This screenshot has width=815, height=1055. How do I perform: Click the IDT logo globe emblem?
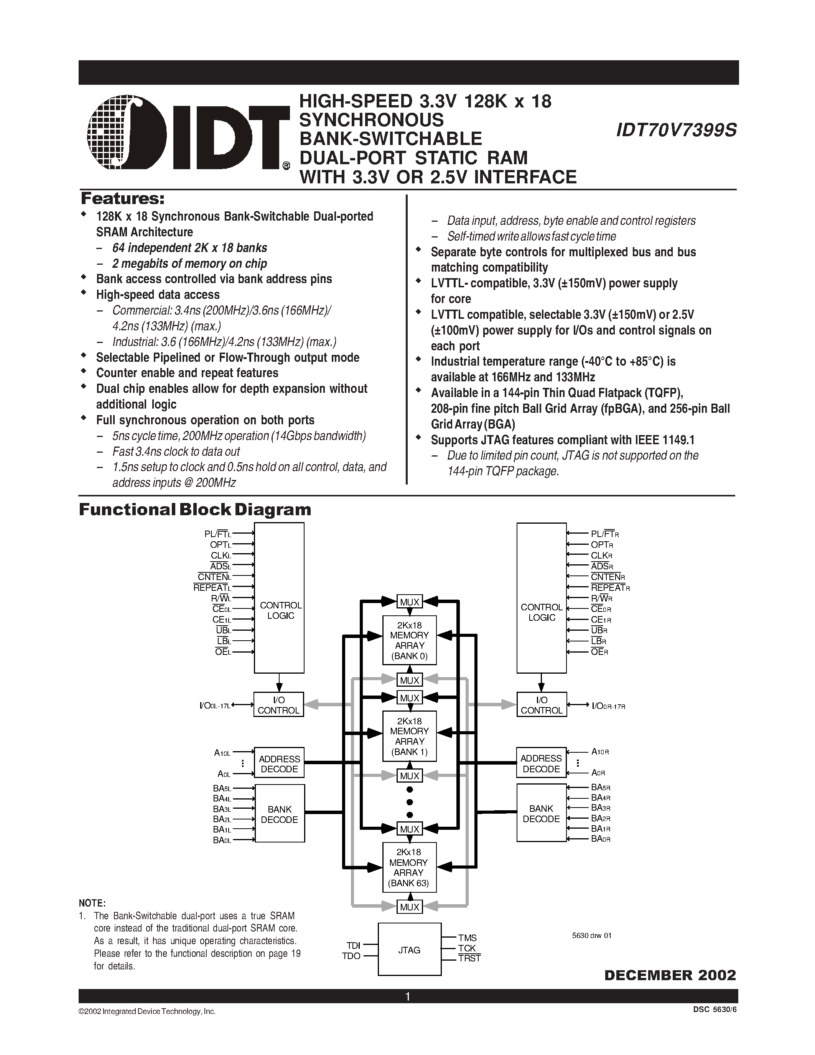click(x=127, y=132)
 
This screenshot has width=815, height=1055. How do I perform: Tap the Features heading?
click(x=123, y=199)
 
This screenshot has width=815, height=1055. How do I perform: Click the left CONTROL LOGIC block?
click(x=279, y=598)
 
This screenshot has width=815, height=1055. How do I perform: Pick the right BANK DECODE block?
click(x=541, y=813)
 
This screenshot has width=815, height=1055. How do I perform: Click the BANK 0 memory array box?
click(x=410, y=640)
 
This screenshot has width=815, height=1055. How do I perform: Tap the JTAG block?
click(x=409, y=950)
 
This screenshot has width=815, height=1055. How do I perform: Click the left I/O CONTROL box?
click(x=278, y=705)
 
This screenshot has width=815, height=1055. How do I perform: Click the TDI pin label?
click(x=354, y=945)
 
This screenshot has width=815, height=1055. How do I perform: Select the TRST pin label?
click(x=469, y=958)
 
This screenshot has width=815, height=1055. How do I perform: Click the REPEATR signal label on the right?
click(x=610, y=588)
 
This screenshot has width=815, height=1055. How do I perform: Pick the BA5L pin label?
click(x=222, y=788)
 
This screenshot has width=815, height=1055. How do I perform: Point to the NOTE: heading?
click(x=92, y=903)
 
